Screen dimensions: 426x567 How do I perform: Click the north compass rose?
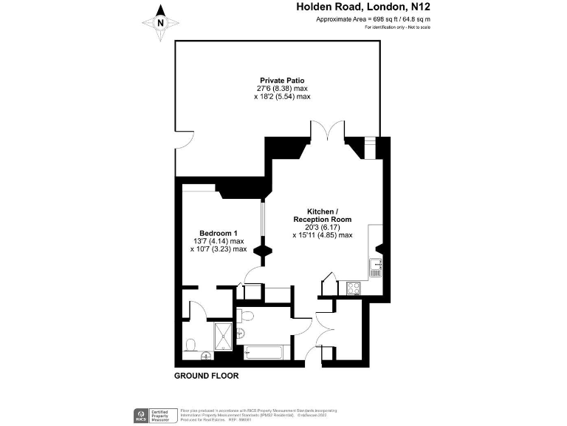click(161, 21)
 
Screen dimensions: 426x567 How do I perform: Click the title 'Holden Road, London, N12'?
click(362, 7)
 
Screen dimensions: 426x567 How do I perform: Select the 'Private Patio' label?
click(282, 80)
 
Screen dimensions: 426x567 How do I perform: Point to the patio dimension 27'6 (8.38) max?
click(282, 88)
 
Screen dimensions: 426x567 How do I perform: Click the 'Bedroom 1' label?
click(217, 233)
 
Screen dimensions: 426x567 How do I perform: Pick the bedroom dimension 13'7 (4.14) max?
click(217, 241)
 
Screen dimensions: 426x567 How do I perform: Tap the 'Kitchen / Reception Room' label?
click(322, 215)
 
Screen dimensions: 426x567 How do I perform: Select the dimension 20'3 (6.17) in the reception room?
click(322, 227)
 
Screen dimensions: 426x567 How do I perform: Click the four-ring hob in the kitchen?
click(352, 288)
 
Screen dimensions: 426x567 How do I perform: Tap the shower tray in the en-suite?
click(223, 337)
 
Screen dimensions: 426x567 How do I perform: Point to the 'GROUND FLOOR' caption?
click(206, 376)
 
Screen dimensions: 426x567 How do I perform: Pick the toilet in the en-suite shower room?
click(191, 345)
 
